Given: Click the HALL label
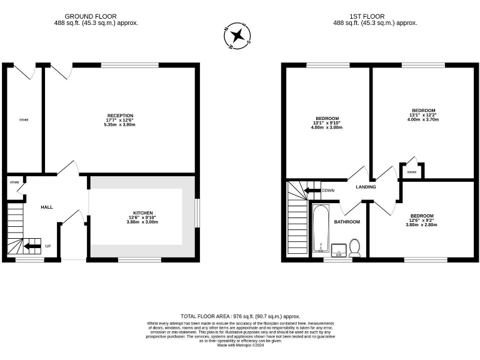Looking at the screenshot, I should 47,207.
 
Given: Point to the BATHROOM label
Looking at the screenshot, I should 347,222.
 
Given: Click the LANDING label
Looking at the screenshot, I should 366,187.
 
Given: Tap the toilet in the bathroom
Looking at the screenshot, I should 355,247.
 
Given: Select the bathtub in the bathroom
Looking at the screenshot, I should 321,228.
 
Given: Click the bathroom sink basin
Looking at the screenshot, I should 338,250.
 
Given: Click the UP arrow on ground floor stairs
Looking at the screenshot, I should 32,246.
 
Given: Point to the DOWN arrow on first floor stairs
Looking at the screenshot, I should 312,190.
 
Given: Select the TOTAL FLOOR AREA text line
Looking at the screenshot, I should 241,317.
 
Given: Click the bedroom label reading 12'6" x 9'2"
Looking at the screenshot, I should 422,219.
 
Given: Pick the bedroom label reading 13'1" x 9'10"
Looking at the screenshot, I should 327,122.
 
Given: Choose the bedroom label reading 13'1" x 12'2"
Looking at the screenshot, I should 423,114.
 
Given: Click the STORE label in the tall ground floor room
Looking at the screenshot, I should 24,119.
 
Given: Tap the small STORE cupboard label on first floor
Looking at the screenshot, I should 412,172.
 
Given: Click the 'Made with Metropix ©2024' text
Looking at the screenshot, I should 241,344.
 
